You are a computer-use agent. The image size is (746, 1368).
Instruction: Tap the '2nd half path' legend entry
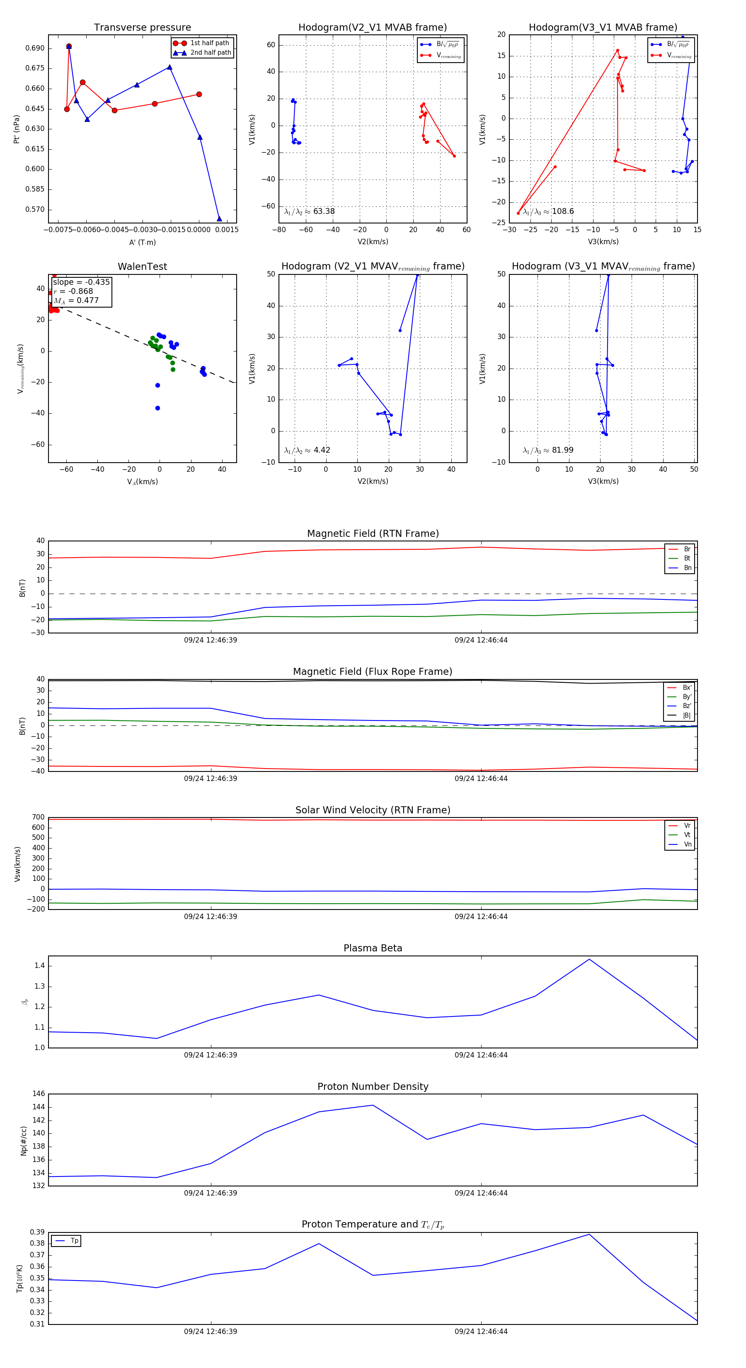(x=210, y=53)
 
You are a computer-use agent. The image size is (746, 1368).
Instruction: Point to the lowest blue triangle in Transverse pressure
(x=219, y=219)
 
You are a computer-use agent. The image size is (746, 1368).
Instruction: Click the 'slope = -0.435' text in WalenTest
(x=81, y=282)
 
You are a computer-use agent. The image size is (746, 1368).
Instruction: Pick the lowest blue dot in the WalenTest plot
(x=157, y=408)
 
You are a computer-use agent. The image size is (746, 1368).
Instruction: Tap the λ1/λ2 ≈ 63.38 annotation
(x=310, y=211)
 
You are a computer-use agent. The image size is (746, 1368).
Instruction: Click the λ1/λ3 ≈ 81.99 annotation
(x=548, y=450)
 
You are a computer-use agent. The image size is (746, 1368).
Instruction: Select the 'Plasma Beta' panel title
(x=373, y=948)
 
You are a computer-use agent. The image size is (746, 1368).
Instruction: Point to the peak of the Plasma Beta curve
(x=589, y=959)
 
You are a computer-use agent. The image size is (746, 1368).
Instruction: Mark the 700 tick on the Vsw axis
(x=38, y=817)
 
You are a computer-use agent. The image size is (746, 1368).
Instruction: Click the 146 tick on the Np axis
(x=38, y=1094)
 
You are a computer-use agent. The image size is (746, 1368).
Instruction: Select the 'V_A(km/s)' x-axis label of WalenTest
(x=142, y=482)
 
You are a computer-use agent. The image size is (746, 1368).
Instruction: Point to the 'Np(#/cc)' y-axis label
(x=23, y=1140)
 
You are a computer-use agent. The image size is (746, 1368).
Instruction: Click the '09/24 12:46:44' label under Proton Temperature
(x=481, y=1332)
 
